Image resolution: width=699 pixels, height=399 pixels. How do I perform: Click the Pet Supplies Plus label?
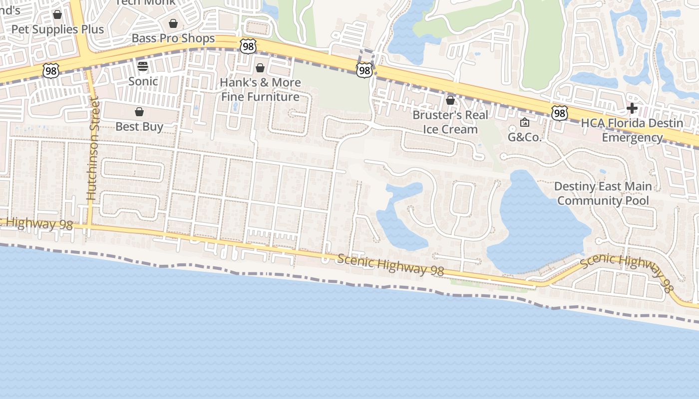pos(57,29)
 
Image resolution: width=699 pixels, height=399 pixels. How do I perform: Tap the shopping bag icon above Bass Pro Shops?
pos(173,23)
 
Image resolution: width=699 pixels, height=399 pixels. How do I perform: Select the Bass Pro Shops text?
pos(173,38)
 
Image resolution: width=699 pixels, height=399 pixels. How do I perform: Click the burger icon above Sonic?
pos(143,66)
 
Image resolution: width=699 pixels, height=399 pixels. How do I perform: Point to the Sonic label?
pos(143,81)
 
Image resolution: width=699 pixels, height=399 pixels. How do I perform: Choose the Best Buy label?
pos(139,127)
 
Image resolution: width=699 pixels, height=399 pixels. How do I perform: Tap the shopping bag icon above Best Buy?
pos(139,112)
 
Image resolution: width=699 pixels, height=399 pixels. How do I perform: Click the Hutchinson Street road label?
pos(93,150)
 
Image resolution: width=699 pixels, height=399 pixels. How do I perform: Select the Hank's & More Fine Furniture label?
pos(260,90)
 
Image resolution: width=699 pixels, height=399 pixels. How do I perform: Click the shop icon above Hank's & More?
pos(260,68)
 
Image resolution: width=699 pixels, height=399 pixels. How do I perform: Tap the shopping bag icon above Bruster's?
pos(450,100)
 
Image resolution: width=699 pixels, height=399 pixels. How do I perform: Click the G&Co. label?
pos(525,137)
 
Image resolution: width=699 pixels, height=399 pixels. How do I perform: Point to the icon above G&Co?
pos(525,122)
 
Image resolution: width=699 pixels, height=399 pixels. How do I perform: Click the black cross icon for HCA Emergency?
pos(632,108)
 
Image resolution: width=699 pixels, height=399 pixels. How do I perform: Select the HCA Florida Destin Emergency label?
pos(632,130)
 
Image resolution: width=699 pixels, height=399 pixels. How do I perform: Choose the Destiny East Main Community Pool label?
pos(603,194)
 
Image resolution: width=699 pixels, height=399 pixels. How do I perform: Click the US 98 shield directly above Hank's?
pos(248,46)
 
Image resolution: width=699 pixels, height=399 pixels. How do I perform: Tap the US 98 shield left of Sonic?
pos(51,71)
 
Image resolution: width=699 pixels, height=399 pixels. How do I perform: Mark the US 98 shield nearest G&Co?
pos(560,114)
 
